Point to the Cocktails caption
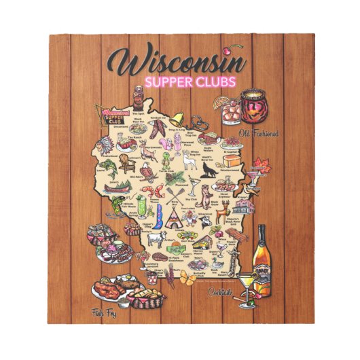[221, 292]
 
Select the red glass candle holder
[254, 107]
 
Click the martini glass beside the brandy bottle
[245, 286]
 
